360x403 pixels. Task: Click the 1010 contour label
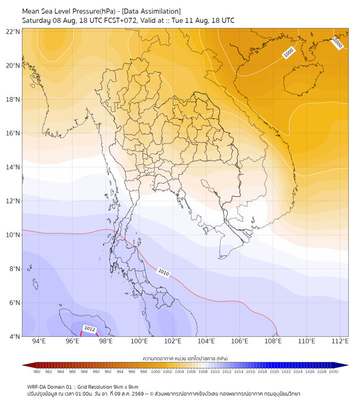[163, 272]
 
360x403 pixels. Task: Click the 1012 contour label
[89, 329]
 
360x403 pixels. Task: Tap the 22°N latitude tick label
[13, 31]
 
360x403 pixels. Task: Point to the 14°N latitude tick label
[13, 167]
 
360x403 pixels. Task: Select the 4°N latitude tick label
[14, 336]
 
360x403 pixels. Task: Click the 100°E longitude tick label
[139, 341]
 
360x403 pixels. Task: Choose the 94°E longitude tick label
[39, 341]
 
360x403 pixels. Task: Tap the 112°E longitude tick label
[340, 341]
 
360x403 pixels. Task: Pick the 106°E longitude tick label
[240, 341]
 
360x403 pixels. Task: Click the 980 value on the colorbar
[37, 372]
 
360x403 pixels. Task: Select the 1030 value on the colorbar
[333, 372]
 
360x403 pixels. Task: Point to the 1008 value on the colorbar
[203, 372]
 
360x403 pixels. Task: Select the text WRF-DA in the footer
[36, 387]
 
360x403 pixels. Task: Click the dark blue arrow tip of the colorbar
[348, 365]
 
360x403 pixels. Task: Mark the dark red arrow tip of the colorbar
[23, 365]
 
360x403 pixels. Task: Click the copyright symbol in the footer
[151, 394]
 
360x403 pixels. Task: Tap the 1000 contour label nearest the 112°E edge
[337, 43]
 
